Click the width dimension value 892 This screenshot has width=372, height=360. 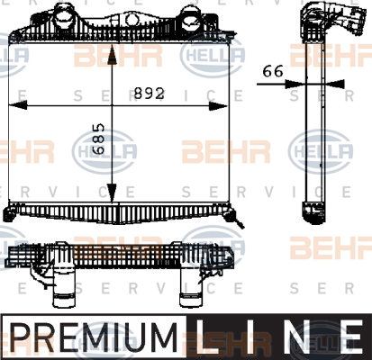click(150, 94)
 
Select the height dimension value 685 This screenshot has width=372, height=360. click(98, 139)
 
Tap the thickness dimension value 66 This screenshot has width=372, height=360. click(273, 71)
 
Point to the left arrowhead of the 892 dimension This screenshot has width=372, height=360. click(17, 105)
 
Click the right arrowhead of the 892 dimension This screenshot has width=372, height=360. click(218, 106)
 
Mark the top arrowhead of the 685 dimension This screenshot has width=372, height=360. click(112, 55)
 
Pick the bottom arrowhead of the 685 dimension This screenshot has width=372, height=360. click(112, 193)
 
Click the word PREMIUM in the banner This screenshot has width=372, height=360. click(94, 337)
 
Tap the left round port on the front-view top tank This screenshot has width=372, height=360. click(63, 15)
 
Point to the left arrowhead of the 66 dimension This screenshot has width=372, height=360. click(295, 84)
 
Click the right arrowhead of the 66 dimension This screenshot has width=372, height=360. click(335, 84)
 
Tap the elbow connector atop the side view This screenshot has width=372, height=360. click(332, 21)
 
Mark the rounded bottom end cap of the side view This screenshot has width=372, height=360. click(314, 213)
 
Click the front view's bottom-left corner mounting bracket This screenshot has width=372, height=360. click(10, 212)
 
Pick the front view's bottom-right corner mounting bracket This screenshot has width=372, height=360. click(232, 215)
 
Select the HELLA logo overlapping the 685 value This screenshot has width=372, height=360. click(104, 151)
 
